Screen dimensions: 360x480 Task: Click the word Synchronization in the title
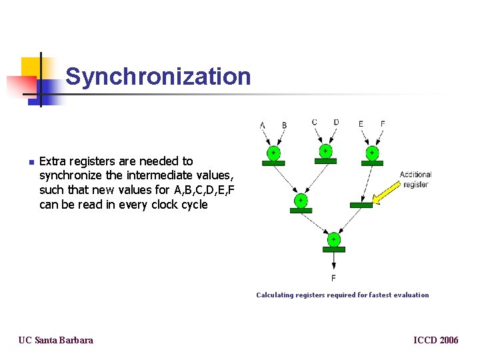pyautogui.click(x=158, y=77)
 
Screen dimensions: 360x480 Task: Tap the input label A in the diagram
pyautogui.click(x=263, y=125)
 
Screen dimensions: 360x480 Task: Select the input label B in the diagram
pyautogui.click(x=285, y=125)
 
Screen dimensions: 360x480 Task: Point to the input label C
pyautogui.click(x=315, y=122)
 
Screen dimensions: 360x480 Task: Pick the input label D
pyautogui.click(x=336, y=122)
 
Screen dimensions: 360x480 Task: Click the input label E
pyautogui.click(x=361, y=123)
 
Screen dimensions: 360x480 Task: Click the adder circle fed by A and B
pyautogui.click(x=273, y=153)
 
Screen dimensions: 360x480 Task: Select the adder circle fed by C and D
pyautogui.click(x=325, y=151)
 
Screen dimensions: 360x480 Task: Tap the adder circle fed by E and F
pyautogui.click(x=372, y=153)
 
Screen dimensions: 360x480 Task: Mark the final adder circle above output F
pyautogui.click(x=333, y=239)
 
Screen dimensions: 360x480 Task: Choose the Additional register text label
pyautogui.click(x=415, y=179)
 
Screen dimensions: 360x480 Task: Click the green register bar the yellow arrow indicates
pyautogui.click(x=361, y=205)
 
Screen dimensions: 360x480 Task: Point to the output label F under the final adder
pyautogui.click(x=333, y=277)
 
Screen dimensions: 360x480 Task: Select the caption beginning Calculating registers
pyautogui.click(x=343, y=295)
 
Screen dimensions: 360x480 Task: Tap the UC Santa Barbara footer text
pyautogui.click(x=56, y=340)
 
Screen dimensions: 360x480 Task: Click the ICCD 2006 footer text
pyautogui.click(x=436, y=340)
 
